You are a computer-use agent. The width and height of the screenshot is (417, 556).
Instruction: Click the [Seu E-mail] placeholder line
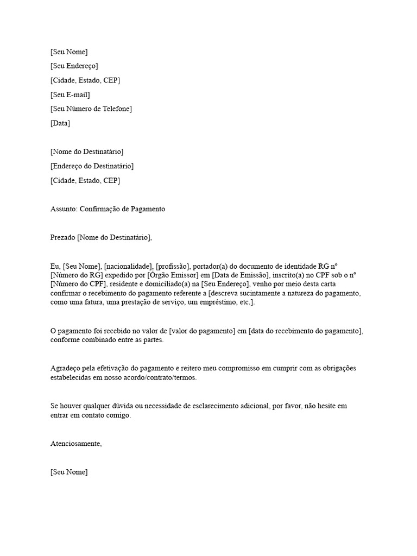pyautogui.click(x=70, y=95)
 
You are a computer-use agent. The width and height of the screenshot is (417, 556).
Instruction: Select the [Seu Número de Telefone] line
pyautogui.click(x=91, y=109)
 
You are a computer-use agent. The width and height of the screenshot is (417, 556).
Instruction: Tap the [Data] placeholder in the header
pyautogui.click(x=60, y=123)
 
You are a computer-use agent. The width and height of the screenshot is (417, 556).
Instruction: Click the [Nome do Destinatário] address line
pyautogui.click(x=86, y=151)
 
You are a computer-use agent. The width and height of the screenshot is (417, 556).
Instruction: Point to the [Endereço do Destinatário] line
pyautogui.click(x=92, y=166)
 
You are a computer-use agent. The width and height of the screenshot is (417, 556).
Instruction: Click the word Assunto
pyautogui.click(x=62, y=208)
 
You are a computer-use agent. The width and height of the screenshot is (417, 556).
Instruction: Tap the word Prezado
pyautogui.click(x=62, y=237)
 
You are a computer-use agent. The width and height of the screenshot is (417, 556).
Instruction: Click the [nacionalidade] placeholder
pyautogui.click(x=128, y=266)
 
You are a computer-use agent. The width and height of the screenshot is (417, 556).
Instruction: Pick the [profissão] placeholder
pyautogui.click(x=172, y=266)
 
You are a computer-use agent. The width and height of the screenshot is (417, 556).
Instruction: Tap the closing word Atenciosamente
pyautogui.click(x=75, y=444)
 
